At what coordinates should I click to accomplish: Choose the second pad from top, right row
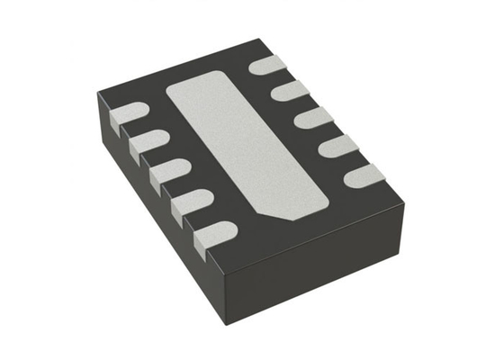point(289,90)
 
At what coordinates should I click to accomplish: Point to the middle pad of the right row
point(312,117)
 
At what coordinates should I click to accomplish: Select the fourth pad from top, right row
point(337,145)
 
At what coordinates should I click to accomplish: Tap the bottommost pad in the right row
point(364,175)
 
